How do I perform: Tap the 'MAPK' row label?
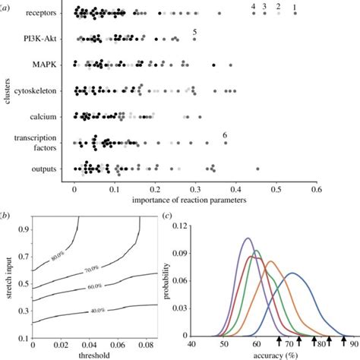53,65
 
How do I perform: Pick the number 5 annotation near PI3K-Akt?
195,31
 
